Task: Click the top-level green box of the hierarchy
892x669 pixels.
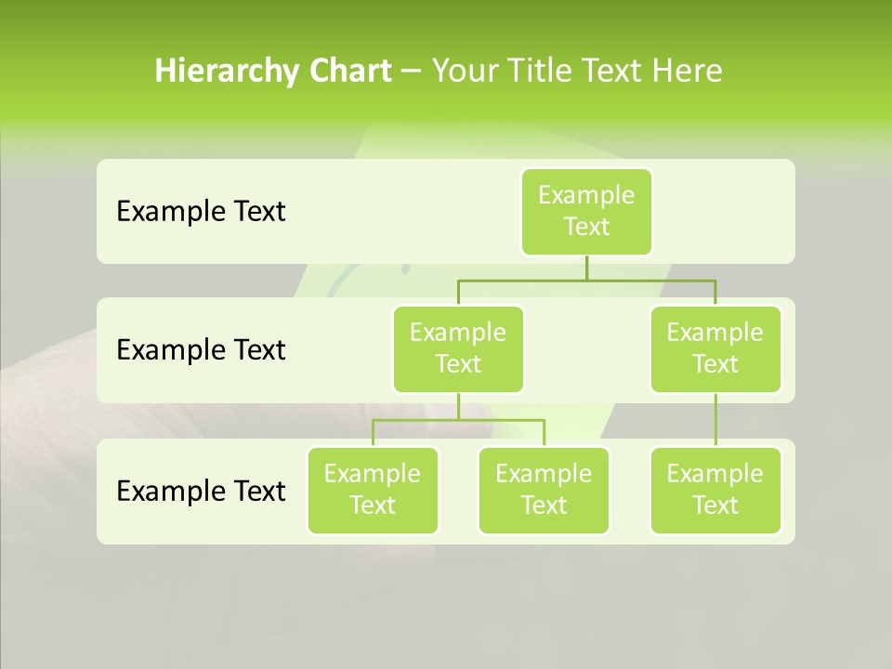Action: point(586,211)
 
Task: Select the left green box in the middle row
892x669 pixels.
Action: point(458,348)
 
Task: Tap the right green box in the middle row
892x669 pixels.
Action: point(715,348)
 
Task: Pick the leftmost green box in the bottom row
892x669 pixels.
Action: point(373,490)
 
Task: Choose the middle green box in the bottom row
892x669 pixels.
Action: point(544,490)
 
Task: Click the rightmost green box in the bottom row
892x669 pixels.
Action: point(715,490)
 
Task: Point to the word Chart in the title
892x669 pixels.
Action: point(350,72)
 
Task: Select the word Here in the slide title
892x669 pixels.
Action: point(688,72)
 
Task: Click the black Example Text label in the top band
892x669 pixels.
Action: point(201,211)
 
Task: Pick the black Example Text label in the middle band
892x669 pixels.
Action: point(201,349)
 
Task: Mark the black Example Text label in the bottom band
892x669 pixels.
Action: point(201,491)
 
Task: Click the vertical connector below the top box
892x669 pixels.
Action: point(586,268)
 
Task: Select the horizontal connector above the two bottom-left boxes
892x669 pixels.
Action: point(458,420)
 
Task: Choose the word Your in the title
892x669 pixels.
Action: point(464,72)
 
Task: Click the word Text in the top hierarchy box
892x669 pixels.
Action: point(586,227)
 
